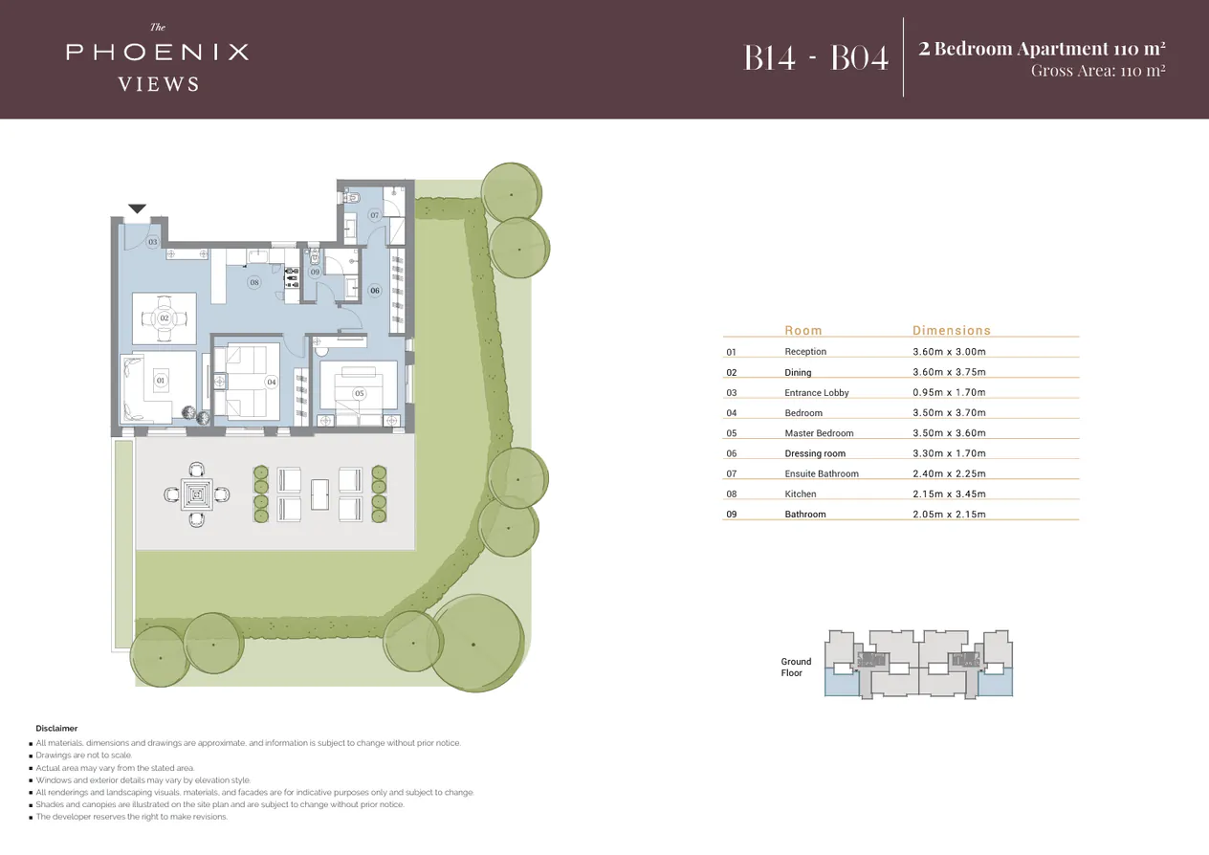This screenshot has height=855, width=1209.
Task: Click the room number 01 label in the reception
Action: tap(160, 381)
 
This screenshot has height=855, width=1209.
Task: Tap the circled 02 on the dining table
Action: tap(164, 318)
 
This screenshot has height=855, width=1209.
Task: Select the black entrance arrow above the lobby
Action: tap(137, 208)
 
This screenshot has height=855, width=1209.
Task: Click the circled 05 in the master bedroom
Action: tap(359, 393)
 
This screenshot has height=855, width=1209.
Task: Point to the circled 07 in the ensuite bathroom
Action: tap(375, 215)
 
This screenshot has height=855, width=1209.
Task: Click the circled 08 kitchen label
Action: tap(253, 282)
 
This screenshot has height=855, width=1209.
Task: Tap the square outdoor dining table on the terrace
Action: tap(197, 494)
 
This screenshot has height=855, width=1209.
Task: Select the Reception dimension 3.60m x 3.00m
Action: tap(949, 352)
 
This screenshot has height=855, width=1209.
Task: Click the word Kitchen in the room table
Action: tap(801, 494)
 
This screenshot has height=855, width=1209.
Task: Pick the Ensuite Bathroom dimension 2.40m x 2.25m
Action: tap(949, 474)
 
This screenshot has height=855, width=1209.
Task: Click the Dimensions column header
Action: tap(951, 330)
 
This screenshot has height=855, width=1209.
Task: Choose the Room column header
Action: tap(802, 330)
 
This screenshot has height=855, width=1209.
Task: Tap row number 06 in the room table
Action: tap(732, 454)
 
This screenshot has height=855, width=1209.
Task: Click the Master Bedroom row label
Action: tap(819, 433)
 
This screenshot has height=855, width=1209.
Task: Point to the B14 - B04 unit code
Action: tap(816, 57)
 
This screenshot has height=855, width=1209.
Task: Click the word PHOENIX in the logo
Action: tap(158, 52)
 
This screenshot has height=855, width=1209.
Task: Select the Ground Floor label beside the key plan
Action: tap(796, 667)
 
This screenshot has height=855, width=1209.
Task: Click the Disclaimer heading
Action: tap(56, 728)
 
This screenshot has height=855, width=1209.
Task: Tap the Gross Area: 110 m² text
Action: tap(1097, 71)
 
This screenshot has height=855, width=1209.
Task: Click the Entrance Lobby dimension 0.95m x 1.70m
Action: tap(949, 393)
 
